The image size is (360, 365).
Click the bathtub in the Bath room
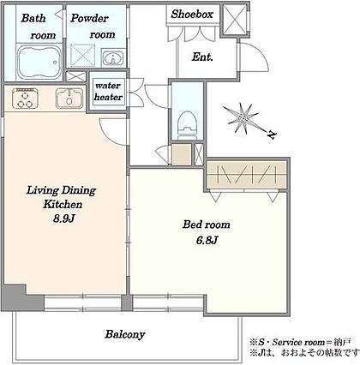(39, 63)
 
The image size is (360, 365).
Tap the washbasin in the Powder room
(113, 58)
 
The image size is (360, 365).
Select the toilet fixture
(188, 125)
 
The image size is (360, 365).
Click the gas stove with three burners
(25, 99)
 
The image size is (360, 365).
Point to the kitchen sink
(69, 99)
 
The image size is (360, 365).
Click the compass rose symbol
(242, 118)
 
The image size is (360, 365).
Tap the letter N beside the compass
(271, 135)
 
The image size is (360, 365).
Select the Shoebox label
(192, 14)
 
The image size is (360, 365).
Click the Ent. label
(202, 57)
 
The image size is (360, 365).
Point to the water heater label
(108, 92)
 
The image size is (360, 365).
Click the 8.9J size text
(63, 218)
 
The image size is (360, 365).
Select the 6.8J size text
(207, 241)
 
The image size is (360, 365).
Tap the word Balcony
(125, 334)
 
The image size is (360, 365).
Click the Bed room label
(207, 224)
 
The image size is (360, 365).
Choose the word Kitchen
(63, 204)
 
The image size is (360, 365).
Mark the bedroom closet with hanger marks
(246, 175)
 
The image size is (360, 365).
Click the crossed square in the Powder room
(82, 56)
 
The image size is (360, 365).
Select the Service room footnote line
(300, 342)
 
